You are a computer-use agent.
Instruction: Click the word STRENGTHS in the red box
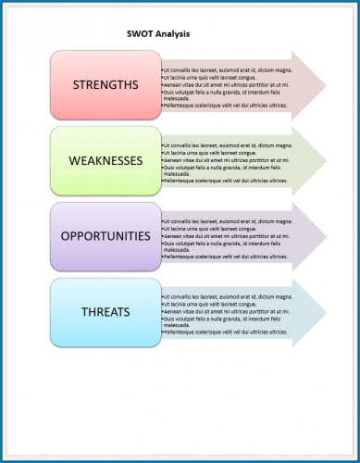coord(105,85)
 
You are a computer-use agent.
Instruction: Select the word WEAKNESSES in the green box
coord(106,160)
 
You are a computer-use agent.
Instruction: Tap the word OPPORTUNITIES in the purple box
coord(105,235)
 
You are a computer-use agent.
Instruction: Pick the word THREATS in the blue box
coord(105,312)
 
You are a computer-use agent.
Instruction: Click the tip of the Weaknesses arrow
coord(325,162)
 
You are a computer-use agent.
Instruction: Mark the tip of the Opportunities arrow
coord(325,237)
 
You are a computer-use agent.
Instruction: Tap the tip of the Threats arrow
coord(325,314)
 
